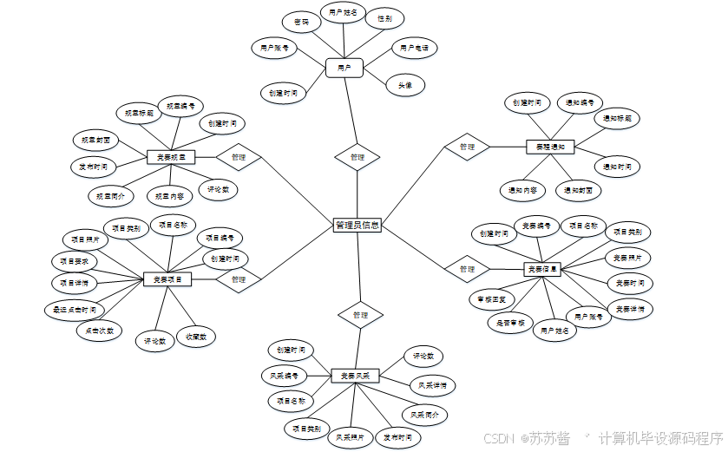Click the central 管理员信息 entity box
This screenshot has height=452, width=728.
[357, 225]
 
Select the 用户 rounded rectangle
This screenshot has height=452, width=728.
[344, 67]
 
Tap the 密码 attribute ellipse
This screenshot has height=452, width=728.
[301, 21]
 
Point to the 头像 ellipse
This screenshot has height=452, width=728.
[405, 85]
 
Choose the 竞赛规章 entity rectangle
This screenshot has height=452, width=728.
[170, 157]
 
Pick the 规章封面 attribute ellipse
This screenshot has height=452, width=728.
[94, 139]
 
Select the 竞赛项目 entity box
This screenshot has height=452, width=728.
[167, 279]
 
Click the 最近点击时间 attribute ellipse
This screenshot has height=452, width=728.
[75, 309]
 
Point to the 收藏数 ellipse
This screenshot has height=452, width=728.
[195, 336]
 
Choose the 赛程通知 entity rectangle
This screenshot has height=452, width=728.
[549, 147]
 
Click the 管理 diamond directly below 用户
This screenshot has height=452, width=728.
[357, 157]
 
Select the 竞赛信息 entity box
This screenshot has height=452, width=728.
[544, 269]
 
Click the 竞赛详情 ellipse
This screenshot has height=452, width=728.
[629, 309]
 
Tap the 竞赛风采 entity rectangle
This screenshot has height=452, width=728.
[356, 376]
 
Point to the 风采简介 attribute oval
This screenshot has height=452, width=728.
[424, 415]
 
